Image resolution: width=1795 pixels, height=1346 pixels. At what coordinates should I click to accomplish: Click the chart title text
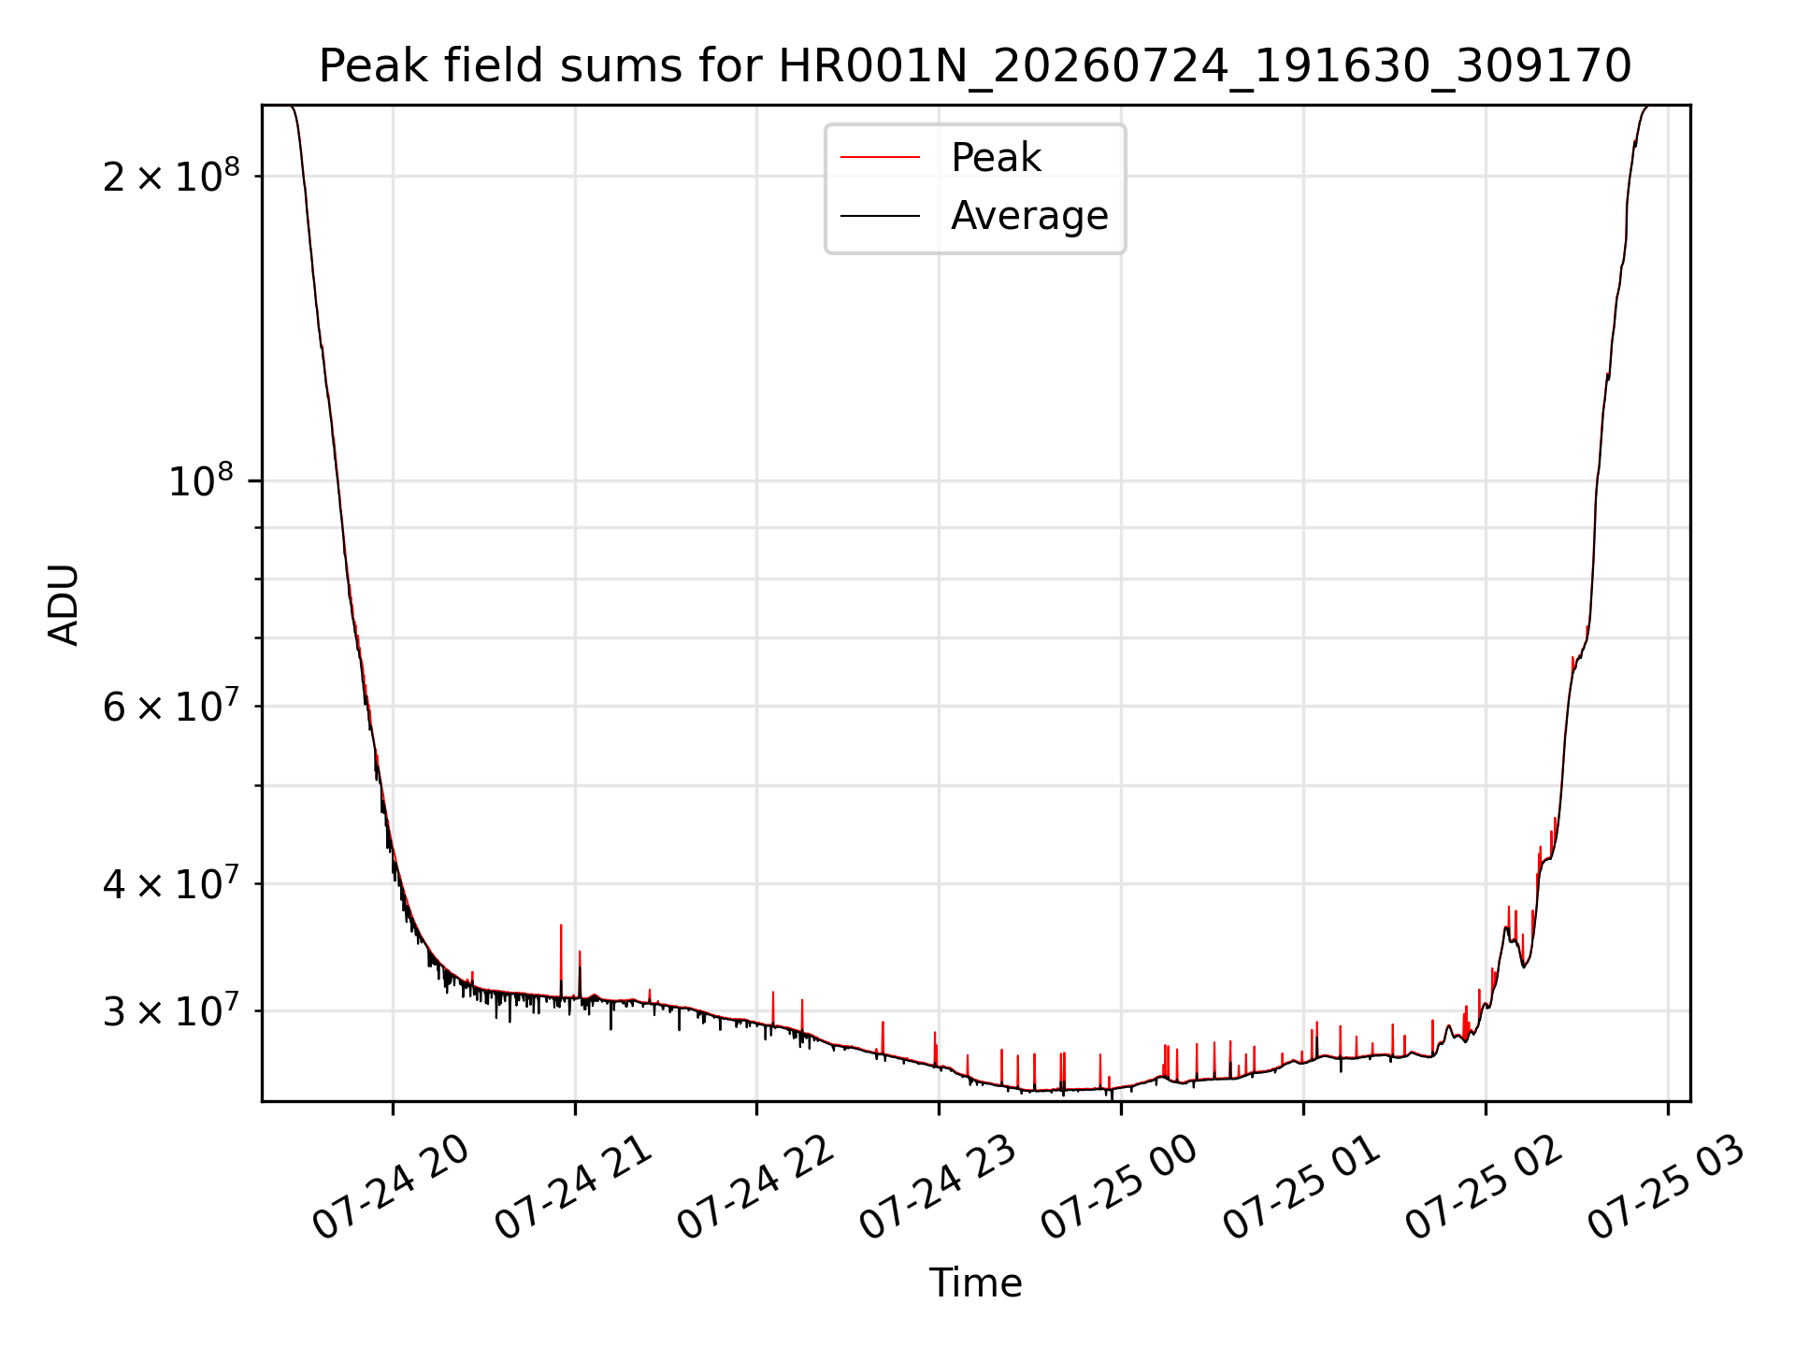click(975, 66)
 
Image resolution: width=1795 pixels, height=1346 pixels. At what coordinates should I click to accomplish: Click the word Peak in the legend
click(996, 157)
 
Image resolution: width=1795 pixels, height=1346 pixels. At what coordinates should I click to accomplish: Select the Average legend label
click(1029, 216)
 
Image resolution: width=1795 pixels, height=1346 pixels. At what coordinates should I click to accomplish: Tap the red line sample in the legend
click(880, 158)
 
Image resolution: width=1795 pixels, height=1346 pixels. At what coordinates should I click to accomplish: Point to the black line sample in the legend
click(880, 216)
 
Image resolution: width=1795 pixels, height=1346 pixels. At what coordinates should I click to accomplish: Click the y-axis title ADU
click(64, 604)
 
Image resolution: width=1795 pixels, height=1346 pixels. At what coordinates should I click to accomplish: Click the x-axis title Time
click(975, 1282)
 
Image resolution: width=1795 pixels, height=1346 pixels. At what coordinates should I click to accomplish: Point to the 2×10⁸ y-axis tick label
click(171, 176)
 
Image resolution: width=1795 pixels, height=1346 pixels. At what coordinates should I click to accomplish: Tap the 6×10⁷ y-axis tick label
click(171, 706)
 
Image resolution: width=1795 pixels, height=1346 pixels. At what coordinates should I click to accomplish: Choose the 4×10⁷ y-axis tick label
click(171, 883)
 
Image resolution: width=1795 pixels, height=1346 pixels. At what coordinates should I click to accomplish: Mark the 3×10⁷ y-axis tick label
click(171, 1010)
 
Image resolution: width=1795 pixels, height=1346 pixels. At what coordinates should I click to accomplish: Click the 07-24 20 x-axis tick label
click(391, 1187)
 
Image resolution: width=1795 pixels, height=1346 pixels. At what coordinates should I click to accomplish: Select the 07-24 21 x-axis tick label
click(573, 1187)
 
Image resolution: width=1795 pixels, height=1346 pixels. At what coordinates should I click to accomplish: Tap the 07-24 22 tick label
click(755, 1187)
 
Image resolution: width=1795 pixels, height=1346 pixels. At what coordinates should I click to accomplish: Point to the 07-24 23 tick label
click(938, 1187)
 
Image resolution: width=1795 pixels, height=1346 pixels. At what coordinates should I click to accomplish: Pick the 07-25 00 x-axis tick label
click(1119, 1187)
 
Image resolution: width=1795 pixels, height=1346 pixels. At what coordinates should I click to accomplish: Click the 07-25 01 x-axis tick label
click(1301, 1187)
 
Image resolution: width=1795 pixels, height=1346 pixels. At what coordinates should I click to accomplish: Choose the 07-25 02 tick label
click(1484, 1187)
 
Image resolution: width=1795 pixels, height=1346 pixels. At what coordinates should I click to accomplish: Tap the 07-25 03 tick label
click(1666, 1187)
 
